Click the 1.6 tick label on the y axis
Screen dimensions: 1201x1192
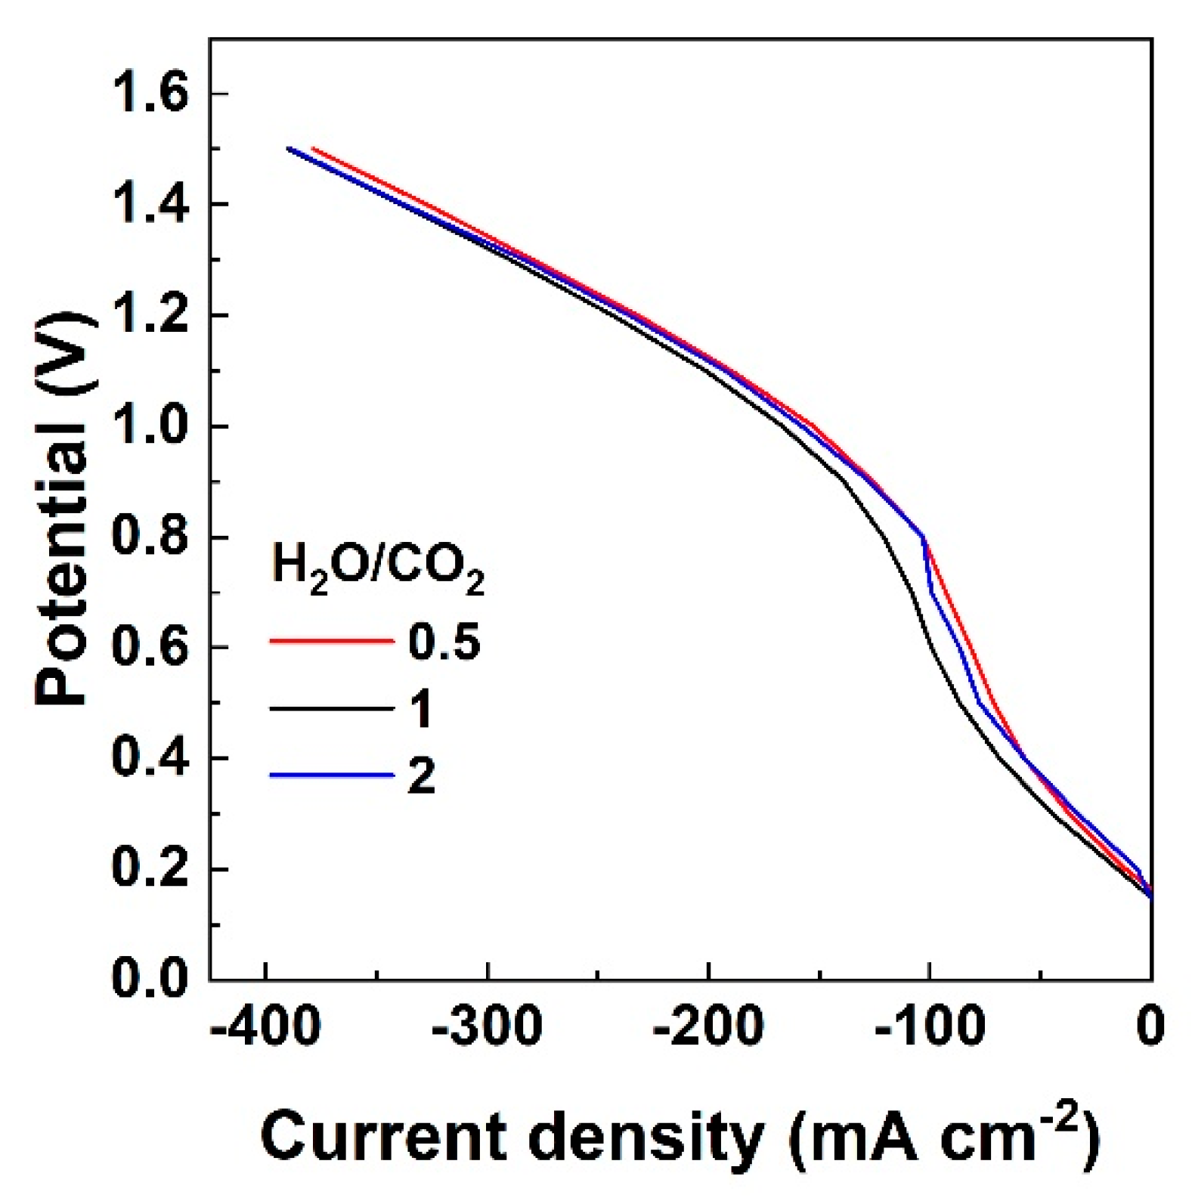(149, 94)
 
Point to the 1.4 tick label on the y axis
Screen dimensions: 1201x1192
(149, 206)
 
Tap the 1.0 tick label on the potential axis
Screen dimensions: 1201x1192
(149, 427)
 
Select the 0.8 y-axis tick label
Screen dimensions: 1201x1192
(149, 538)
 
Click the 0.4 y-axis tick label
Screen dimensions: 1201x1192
(149, 759)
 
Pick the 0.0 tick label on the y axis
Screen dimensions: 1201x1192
(149, 980)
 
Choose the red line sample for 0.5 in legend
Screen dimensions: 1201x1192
(331, 641)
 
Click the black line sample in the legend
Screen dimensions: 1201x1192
(331, 708)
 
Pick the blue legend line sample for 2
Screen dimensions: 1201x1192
(331, 775)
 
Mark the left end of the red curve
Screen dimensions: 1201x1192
(313, 149)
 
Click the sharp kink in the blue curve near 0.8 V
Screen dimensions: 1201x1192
(923, 537)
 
